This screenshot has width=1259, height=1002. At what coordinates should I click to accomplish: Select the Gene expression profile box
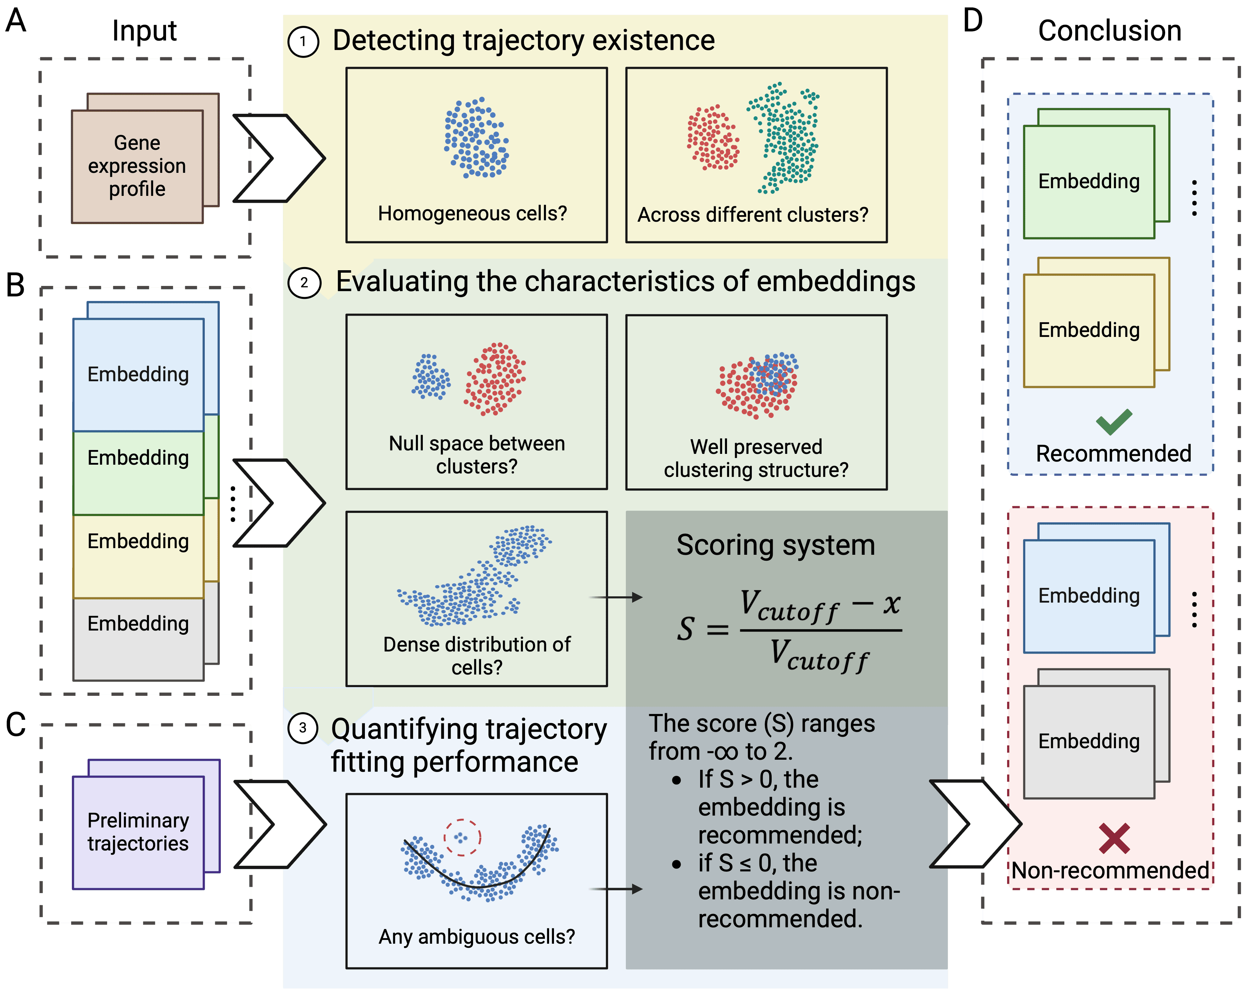tap(137, 166)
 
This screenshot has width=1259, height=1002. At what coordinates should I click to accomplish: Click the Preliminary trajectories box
tap(138, 832)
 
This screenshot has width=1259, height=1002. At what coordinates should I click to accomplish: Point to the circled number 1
tap(303, 42)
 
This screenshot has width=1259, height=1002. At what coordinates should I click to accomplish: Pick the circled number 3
tap(303, 728)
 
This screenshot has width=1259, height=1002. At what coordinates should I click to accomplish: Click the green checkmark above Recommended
tap(1114, 422)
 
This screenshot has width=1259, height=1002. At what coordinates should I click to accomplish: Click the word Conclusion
tap(1109, 30)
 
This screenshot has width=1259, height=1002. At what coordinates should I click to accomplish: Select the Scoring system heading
tap(775, 545)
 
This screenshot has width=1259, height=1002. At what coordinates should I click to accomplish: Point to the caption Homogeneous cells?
tap(472, 213)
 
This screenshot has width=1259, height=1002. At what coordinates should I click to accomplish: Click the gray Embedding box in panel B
tap(138, 639)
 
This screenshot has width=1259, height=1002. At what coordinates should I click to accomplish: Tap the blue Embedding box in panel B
tap(138, 375)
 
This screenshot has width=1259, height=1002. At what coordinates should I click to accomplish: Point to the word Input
tap(144, 30)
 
